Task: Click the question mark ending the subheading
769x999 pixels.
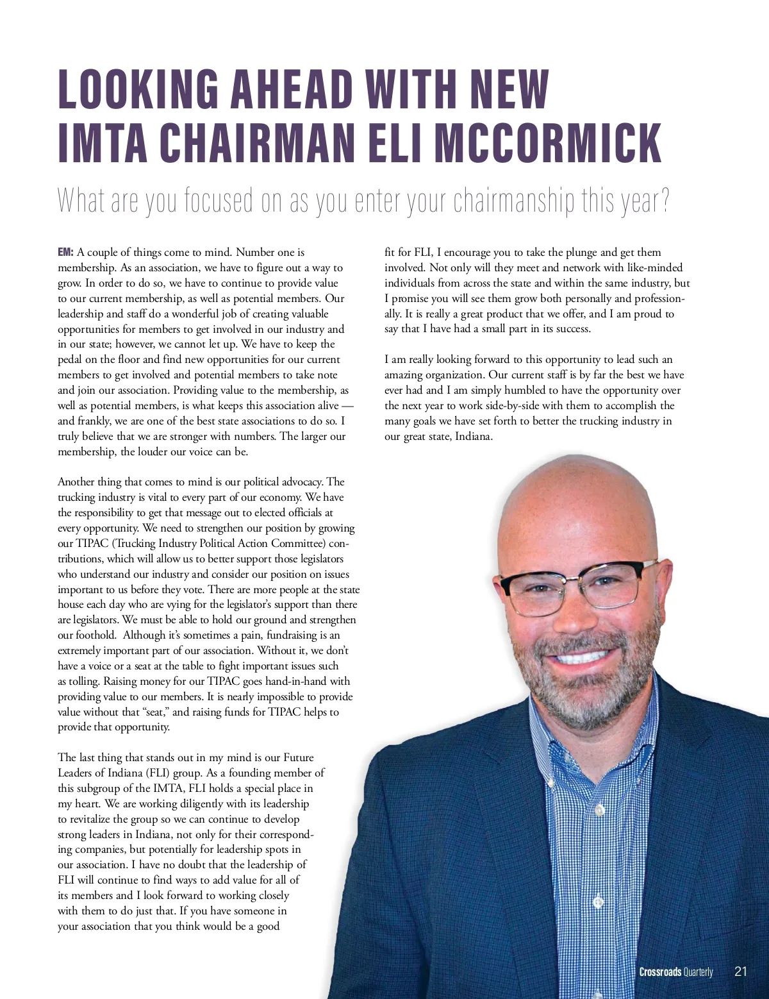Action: pyautogui.click(x=664, y=200)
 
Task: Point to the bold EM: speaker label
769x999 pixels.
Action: pyautogui.click(x=66, y=253)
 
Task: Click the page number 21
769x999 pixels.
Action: pyautogui.click(x=741, y=971)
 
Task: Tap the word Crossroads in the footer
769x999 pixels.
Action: pyautogui.click(x=659, y=972)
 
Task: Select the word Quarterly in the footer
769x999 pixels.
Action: pyautogui.click(x=698, y=972)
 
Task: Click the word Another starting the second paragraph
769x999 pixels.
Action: pyautogui.click(x=78, y=482)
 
